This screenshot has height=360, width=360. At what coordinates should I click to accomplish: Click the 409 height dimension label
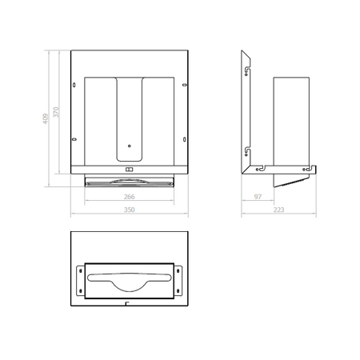click(x=46, y=118)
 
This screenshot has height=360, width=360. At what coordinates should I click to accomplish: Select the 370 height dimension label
click(x=56, y=112)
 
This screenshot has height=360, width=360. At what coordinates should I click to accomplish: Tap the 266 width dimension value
click(x=130, y=197)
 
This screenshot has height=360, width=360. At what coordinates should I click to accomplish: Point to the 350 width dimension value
click(x=130, y=210)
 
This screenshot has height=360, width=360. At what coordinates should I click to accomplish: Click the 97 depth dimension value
click(x=258, y=197)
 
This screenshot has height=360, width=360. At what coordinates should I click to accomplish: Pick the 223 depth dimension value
click(x=278, y=210)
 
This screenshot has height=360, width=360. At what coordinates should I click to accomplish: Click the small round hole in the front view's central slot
click(x=130, y=146)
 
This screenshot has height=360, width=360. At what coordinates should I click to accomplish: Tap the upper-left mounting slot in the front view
click(x=74, y=85)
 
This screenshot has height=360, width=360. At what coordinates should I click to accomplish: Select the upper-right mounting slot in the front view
click(x=185, y=85)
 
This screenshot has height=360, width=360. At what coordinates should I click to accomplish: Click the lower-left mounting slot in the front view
click(x=74, y=139)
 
